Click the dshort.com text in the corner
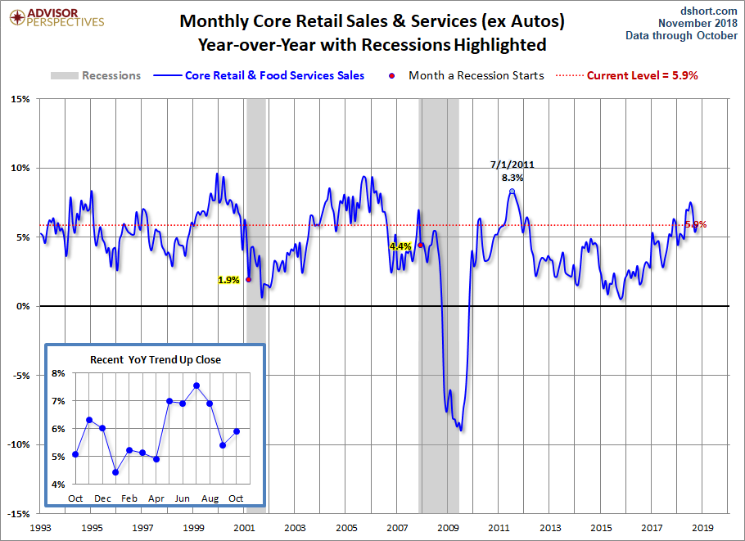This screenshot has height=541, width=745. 709,10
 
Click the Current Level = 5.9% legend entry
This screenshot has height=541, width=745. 642,75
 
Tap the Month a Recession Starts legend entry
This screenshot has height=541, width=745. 476,75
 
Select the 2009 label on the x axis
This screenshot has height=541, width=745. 449,530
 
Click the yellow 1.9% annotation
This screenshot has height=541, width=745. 228,279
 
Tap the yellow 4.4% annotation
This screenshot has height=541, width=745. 400,246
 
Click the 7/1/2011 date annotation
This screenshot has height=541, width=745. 512,164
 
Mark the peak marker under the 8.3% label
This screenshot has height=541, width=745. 512,192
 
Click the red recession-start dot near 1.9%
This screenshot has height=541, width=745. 248,279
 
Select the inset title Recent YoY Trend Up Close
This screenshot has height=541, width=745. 156,359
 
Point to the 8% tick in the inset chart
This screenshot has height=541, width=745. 59,372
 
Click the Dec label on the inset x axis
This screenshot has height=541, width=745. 102,498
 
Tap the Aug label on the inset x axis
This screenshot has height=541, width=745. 210,498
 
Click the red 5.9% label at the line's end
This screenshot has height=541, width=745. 695,224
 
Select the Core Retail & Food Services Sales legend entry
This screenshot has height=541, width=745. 275,75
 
